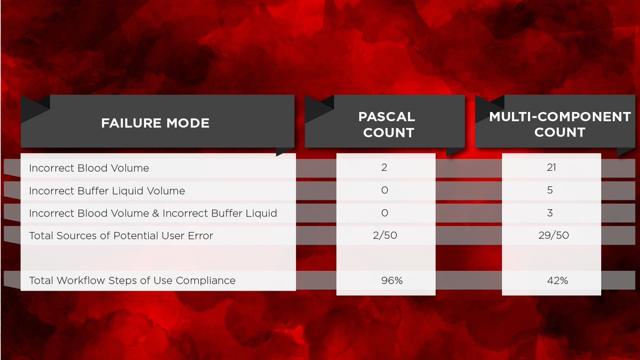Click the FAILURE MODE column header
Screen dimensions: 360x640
(x=155, y=123)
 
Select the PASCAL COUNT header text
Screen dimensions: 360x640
(x=388, y=124)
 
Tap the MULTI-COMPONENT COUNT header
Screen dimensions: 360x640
(x=559, y=124)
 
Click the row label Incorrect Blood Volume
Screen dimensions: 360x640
(x=89, y=168)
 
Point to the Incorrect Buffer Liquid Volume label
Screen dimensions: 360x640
(x=107, y=190)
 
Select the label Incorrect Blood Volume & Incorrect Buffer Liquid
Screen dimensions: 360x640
(x=153, y=213)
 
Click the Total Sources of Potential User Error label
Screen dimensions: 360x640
(x=121, y=236)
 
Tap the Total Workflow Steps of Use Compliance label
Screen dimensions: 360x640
(x=132, y=281)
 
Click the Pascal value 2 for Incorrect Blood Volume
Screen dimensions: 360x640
(x=385, y=167)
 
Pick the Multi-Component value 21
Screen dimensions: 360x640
(x=551, y=167)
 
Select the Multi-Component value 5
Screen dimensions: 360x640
(x=550, y=190)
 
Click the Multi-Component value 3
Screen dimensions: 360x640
(x=550, y=213)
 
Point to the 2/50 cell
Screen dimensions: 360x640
(x=386, y=236)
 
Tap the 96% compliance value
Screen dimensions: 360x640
(x=392, y=281)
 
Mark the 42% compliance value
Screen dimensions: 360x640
(x=557, y=281)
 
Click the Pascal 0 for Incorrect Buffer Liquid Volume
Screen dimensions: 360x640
(x=385, y=190)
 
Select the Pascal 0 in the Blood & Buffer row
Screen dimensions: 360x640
(x=385, y=213)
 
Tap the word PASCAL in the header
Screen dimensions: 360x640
(x=387, y=116)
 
